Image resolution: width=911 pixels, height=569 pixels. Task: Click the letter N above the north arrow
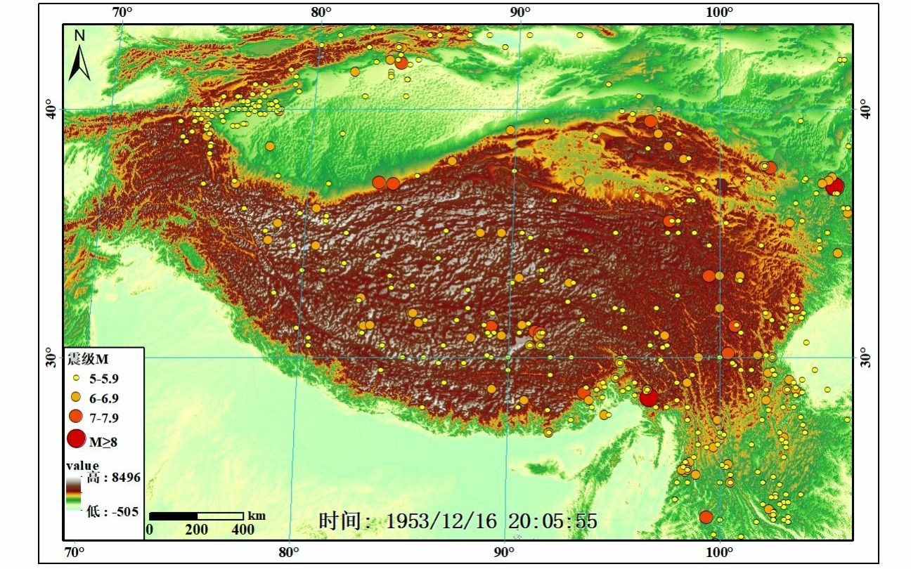[x=79, y=36]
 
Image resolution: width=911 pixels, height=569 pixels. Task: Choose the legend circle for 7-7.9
[x=76, y=417]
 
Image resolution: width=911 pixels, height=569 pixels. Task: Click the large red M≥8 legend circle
[x=76, y=440]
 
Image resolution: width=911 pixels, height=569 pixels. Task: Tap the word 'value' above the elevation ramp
[x=82, y=466]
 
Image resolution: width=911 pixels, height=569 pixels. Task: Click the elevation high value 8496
[x=124, y=478]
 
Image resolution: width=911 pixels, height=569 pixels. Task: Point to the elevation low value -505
[x=122, y=511]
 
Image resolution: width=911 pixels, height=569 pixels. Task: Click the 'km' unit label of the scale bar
[x=257, y=516]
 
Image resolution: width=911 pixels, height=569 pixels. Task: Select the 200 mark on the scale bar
[x=197, y=529]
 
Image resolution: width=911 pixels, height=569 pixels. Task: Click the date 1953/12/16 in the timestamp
[x=441, y=521]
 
